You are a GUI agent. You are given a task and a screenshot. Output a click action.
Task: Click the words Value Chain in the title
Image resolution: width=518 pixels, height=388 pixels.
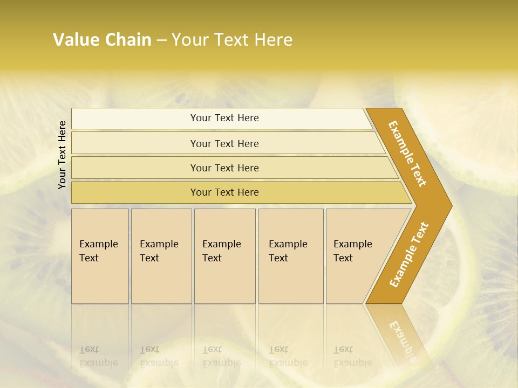pyautogui.click(x=102, y=39)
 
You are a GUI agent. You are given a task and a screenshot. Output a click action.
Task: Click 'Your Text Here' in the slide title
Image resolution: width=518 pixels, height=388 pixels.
pyautogui.click(x=232, y=39)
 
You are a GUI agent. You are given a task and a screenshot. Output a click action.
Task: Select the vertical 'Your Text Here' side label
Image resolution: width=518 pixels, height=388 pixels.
pyautogui.click(x=62, y=155)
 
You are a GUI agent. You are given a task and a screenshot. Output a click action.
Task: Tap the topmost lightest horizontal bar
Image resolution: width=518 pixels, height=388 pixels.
pyautogui.click(x=224, y=118)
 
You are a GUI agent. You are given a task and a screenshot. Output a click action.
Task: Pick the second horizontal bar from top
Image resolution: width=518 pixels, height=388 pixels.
pyautogui.click(x=224, y=143)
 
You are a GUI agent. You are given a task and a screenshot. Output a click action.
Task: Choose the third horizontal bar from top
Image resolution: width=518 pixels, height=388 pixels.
pyautogui.click(x=224, y=168)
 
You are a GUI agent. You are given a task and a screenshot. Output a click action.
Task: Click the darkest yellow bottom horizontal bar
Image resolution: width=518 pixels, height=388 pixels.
pyautogui.click(x=224, y=192)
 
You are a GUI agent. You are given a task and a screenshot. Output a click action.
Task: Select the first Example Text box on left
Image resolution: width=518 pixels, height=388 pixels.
pyautogui.click(x=100, y=255)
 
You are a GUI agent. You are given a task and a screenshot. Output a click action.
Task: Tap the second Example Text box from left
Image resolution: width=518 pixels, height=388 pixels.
pyautogui.click(x=161, y=255)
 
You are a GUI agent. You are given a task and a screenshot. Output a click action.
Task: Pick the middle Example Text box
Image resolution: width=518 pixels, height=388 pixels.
pyautogui.click(x=224, y=255)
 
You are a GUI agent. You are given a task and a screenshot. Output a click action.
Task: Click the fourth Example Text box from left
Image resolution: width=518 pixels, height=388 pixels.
pyautogui.click(x=290, y=255)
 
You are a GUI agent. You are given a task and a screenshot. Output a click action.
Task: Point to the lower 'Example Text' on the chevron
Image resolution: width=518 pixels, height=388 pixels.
pyautogui.click(x=409, y=254)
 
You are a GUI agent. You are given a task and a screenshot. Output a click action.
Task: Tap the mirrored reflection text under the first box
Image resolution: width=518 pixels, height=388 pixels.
pyautogui.click(x=98, y=356)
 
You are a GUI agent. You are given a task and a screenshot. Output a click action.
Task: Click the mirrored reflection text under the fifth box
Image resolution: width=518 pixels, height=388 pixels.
pyautogui.click(x=352, y=356)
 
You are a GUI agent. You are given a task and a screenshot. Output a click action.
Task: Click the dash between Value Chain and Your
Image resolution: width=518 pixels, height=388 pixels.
pyautogui.click(x=161, y=40)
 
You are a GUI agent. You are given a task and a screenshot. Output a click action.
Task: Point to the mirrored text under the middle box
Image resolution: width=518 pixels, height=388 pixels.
pyautogui.click(x=221, y=356)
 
